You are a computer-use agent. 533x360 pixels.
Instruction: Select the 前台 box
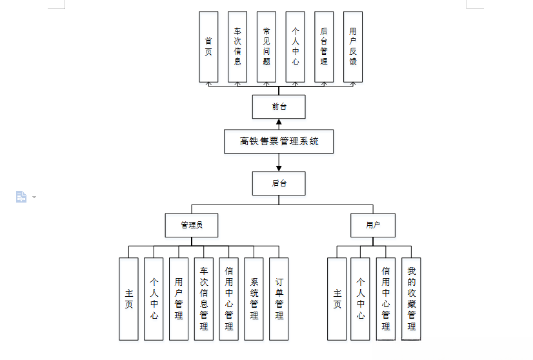279,106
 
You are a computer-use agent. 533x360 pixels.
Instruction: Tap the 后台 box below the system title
279,183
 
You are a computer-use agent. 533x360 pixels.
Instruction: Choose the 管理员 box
191,225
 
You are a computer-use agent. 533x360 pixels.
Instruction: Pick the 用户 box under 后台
373,225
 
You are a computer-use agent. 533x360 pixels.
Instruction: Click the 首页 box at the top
208,46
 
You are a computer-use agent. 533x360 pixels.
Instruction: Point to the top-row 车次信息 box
237,46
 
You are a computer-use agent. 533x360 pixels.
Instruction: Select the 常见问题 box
266,46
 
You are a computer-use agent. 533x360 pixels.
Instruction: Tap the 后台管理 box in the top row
324,46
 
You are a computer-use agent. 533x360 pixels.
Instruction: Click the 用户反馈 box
352,46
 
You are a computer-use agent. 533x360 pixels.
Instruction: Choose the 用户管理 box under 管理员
179,299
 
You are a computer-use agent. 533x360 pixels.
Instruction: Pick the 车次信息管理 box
204,299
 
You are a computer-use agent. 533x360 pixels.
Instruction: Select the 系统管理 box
254,299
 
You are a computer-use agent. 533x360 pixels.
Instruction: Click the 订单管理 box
279,299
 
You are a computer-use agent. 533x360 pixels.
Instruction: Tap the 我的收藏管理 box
411,299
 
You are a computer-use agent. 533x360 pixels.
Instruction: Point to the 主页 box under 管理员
128,299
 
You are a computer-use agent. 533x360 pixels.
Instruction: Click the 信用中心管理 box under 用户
386,299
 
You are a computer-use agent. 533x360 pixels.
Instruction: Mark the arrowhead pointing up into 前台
279,123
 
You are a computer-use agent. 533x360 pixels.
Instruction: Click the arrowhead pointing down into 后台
279,168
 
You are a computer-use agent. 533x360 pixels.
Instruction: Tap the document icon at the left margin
21,197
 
